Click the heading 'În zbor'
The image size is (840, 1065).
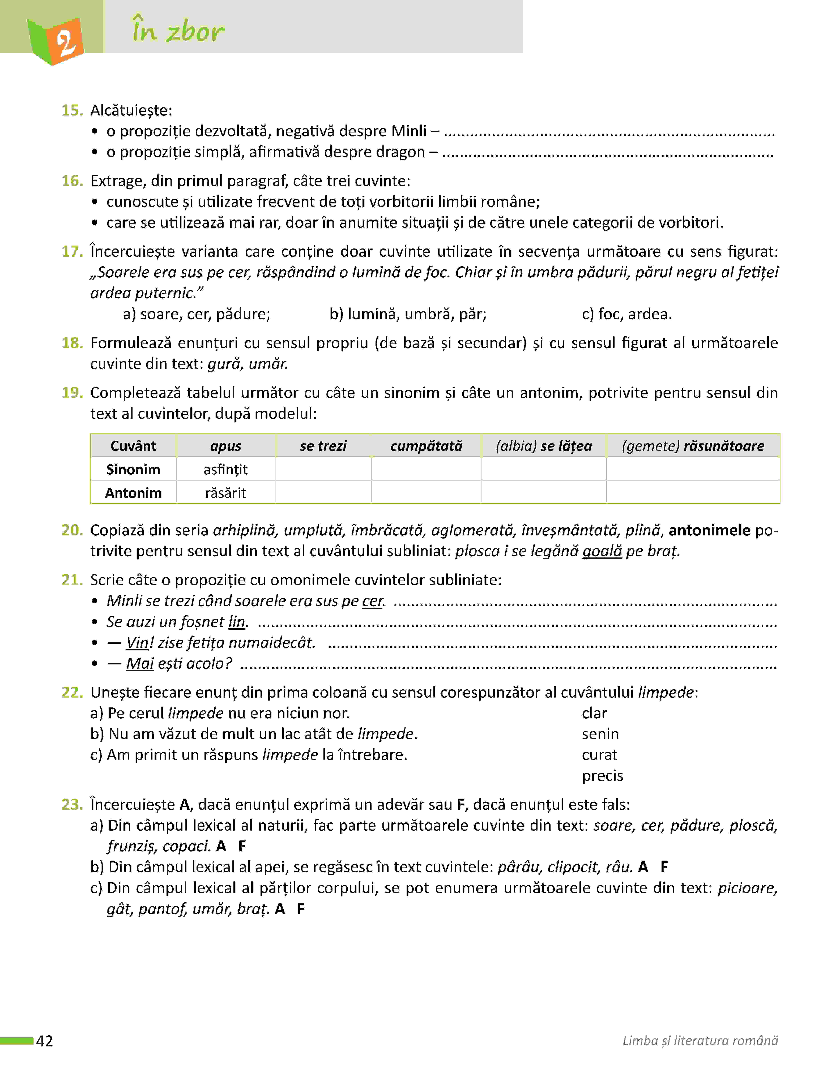click(178, 31)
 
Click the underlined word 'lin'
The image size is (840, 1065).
click(237, 622)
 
